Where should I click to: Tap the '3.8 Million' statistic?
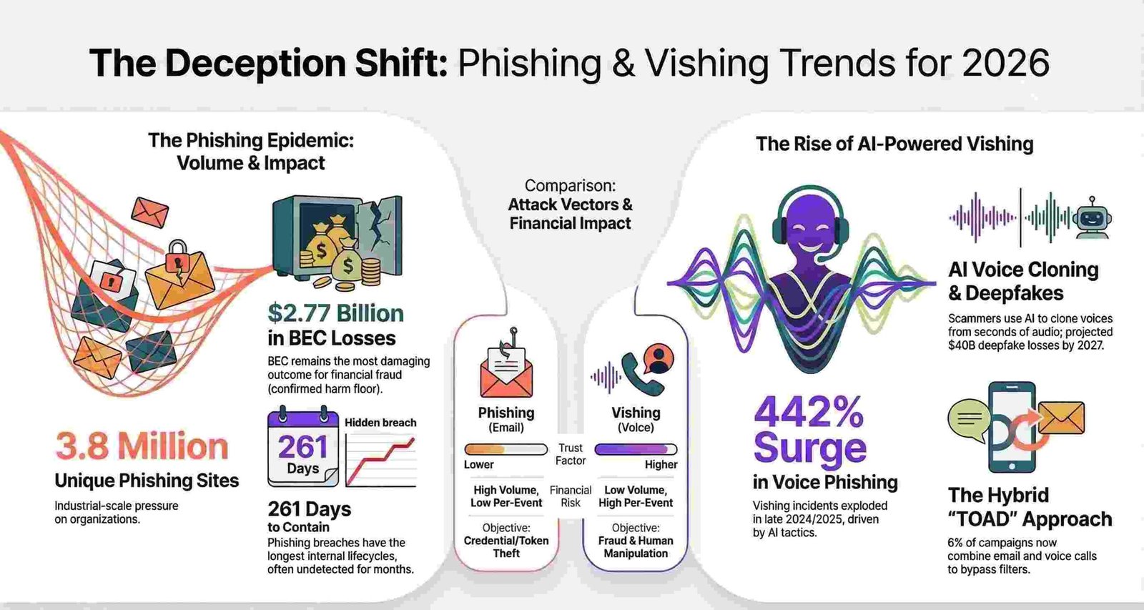coord(142,446)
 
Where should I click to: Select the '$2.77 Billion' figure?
coord(335,313)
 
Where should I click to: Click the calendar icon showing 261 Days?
coord(302,447)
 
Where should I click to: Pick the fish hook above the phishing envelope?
coord(511,339)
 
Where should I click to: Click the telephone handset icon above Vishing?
coord(634,373)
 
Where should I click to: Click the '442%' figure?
coord(809,411)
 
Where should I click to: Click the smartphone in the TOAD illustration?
coord(1011,427)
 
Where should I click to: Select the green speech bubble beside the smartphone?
coord(968,419)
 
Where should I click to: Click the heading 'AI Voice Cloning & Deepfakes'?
coord(1023,281)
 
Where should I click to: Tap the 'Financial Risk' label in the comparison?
coord(571,496)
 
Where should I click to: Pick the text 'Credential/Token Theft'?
coord(506,546)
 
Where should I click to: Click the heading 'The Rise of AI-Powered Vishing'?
coord(894,144)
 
